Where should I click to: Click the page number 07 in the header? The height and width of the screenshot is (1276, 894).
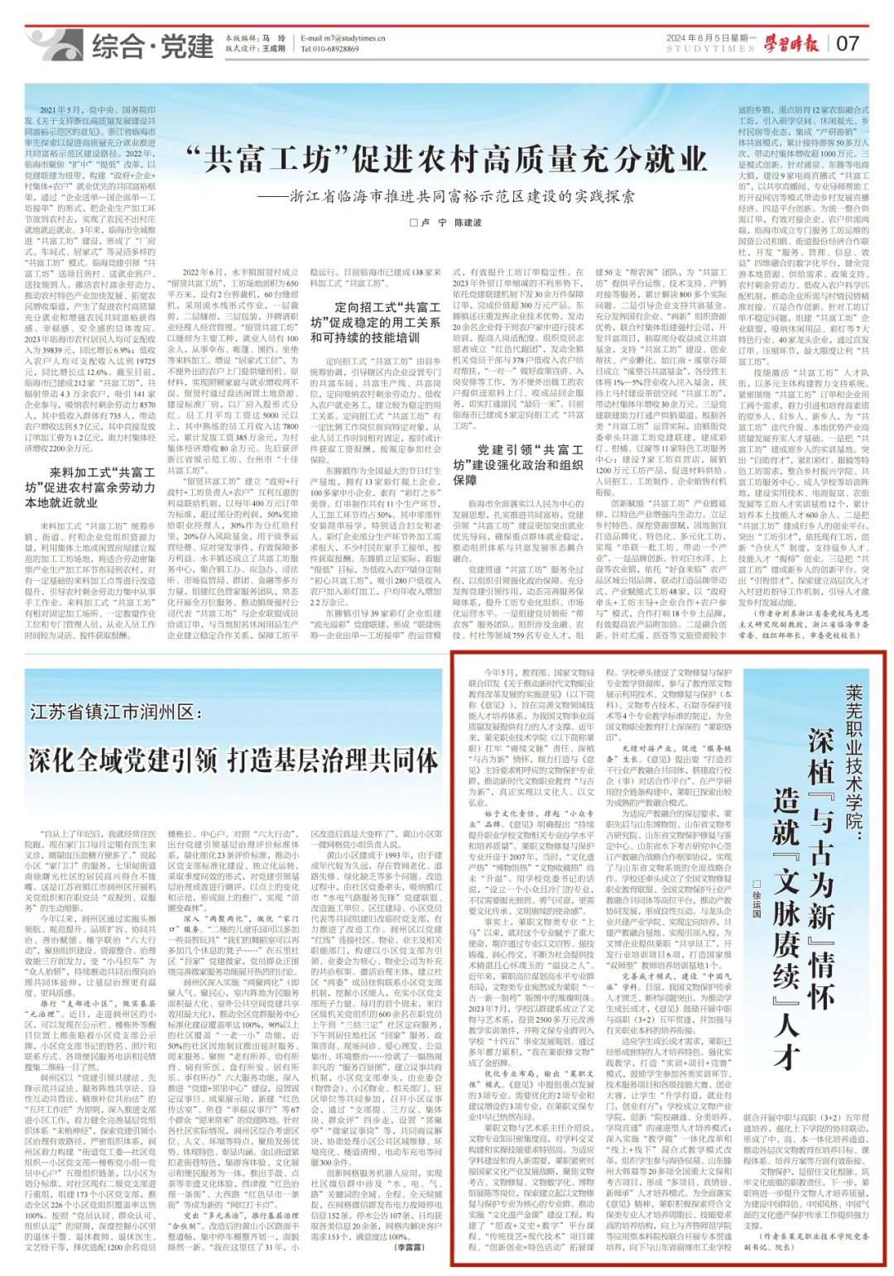[848, 43]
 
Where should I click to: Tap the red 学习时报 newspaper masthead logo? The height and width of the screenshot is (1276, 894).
[791, 43]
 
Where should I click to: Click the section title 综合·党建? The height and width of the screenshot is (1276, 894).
[152, 46]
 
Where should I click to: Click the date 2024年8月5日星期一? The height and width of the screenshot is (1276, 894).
[711, 38]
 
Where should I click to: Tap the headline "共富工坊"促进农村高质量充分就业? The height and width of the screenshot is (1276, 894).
[446, 161]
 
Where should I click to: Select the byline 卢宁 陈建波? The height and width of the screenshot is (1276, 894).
[445, 223]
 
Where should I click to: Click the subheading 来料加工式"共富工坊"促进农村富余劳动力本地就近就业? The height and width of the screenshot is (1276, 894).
[90, 487]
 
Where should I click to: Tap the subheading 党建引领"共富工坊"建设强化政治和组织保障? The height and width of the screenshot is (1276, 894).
[517, 464]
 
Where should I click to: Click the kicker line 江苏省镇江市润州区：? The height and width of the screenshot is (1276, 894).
[115, 712]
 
